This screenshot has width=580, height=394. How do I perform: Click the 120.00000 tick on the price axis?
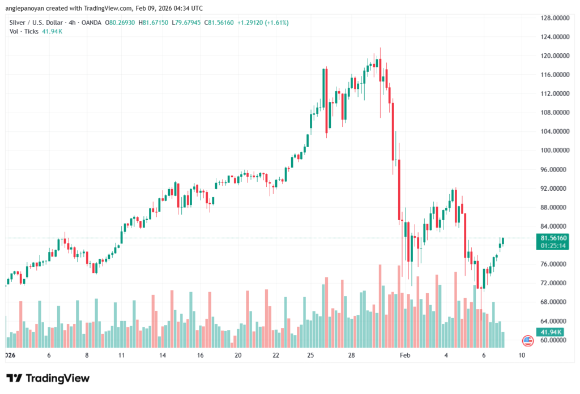[555, 55]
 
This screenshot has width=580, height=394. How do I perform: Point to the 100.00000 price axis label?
[555, 151]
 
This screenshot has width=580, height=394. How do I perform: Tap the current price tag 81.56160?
[554, 238]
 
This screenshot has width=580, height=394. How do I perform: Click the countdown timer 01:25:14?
[554, 246]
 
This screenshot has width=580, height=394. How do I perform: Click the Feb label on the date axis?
[404, 356]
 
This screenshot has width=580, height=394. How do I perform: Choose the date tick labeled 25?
[310, 356]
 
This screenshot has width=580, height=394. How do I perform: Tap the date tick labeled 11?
[122, 356]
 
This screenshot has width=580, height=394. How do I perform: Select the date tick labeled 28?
[351, 356]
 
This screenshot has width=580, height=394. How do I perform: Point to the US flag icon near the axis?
[528, 340]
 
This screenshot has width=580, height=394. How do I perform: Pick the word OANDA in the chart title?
[91, 23]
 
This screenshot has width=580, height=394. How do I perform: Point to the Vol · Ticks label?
[24, 31]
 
